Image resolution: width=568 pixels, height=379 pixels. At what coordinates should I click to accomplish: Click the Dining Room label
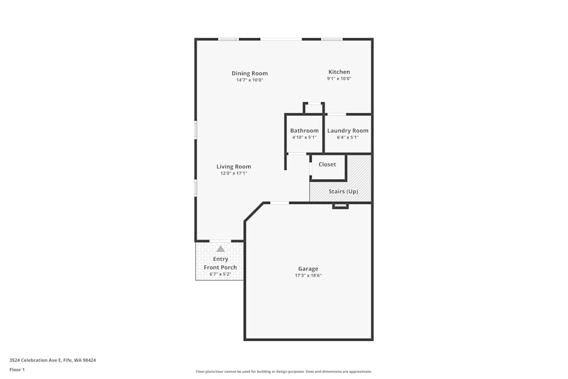[x=249, y=73]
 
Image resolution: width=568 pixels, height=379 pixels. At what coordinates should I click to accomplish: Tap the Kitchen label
[x=339, y=72]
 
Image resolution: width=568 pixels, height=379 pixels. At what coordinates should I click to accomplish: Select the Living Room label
[x=233, y=166]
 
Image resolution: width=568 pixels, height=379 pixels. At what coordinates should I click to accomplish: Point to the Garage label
[x=308, y=269]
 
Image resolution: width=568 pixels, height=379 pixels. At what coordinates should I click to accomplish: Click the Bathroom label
[x=304, y=131]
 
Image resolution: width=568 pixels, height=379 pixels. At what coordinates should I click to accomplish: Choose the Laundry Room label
[x=348, y=131]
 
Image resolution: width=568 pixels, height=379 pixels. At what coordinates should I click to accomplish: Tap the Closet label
[x=327, y=164]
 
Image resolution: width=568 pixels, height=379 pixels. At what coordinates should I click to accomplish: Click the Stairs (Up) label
[x=343, y=191]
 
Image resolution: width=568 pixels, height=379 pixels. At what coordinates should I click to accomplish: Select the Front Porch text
[x=220, y=267]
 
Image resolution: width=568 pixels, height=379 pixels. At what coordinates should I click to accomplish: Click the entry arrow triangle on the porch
[x=220, y=249]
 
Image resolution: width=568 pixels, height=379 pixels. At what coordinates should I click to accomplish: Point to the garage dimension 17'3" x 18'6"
[x=308, y=276]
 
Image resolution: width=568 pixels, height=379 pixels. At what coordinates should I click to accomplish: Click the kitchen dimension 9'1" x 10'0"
[x=339, y=79]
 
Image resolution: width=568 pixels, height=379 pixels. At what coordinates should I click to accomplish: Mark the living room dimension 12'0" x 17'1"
[x=233, y=173]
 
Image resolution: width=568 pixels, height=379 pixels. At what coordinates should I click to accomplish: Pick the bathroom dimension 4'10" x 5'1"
[x=304, y=138]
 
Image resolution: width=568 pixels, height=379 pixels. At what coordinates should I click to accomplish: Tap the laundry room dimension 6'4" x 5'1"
[x=348, y=138]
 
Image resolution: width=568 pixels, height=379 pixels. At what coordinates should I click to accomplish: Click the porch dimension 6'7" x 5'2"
[x=220, y=274]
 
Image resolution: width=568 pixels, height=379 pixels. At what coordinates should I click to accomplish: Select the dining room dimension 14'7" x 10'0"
[x=249, y=80]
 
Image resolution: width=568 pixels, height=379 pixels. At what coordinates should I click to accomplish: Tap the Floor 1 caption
[x=17, y=369]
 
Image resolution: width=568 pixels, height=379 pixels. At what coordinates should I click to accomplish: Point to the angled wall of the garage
[x=254, y=212]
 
